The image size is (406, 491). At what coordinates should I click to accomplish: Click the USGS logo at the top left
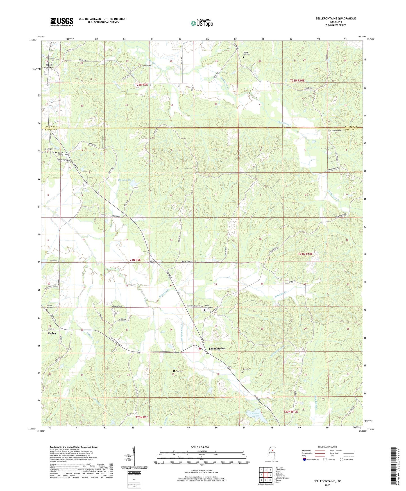62,22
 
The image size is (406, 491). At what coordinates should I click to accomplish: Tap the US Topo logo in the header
202,23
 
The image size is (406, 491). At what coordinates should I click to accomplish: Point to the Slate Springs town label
49,66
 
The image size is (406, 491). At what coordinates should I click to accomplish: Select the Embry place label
52,333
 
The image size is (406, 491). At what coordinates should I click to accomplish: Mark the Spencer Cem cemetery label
337,131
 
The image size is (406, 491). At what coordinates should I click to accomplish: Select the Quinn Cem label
247,369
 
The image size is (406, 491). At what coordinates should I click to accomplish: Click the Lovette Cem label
117,306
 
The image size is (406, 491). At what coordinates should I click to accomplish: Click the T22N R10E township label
297,80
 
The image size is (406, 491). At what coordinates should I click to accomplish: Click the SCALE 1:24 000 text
200,447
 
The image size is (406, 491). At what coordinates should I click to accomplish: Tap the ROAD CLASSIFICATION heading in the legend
327,447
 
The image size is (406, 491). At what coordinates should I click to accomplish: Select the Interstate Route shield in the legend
305,460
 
